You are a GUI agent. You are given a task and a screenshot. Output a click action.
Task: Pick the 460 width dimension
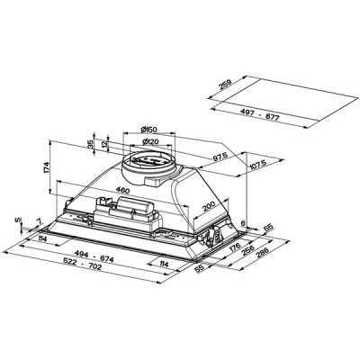(x=119, y=192)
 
